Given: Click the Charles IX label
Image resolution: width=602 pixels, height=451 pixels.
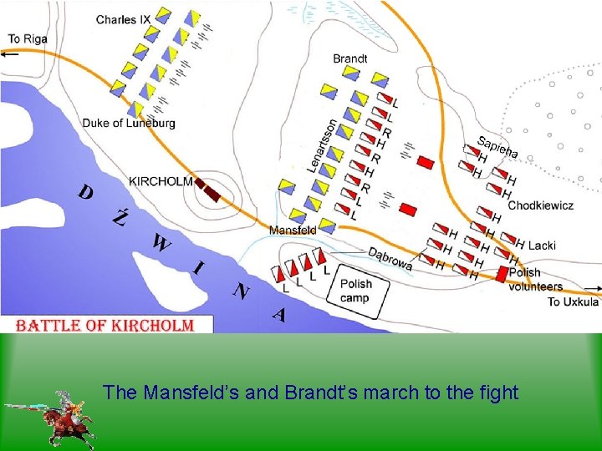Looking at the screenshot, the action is coord(122,19).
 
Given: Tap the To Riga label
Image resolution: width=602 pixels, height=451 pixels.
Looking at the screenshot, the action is coord(27,38).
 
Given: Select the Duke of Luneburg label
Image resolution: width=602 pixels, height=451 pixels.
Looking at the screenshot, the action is coord(129,124).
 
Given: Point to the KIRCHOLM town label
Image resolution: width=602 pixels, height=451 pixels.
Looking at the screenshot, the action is coord(161,180).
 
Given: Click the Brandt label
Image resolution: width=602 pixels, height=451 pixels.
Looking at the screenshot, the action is coord(349,58).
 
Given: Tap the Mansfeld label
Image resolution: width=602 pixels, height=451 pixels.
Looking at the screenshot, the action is coord(292,230).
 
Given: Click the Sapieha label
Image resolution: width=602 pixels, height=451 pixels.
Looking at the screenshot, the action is coord(498,145).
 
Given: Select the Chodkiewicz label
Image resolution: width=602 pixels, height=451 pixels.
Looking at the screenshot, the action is coord(540,205).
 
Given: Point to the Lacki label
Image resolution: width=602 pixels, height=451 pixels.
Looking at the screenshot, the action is coord(542,246).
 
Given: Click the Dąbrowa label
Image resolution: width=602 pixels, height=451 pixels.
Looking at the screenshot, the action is coord(390,259).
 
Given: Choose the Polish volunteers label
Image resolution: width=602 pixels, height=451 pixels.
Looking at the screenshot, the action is coord(535,279).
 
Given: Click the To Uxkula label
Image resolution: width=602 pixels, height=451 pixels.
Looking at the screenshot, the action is coord(573,302).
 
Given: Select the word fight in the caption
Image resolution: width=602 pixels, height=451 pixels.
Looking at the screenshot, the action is coord(499,391).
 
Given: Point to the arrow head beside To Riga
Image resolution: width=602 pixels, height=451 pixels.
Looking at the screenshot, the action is coord(7,53).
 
